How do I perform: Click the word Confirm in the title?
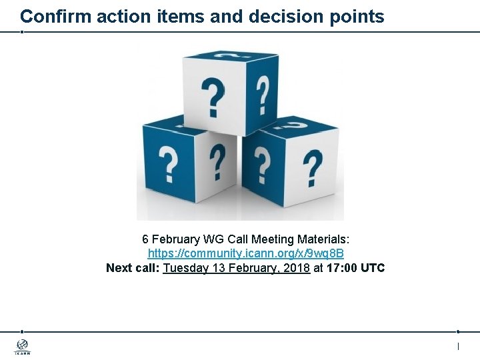click(x=55, y=16)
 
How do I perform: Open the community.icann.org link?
click(x=245, y=253)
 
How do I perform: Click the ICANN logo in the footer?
click(x=22, y=347)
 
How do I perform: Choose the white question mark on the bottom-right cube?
click(x=312, y=167)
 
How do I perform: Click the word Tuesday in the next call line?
click(x=184, y=268)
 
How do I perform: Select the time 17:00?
click(x=342, y=268)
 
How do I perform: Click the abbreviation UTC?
click(x=372, y=268)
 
